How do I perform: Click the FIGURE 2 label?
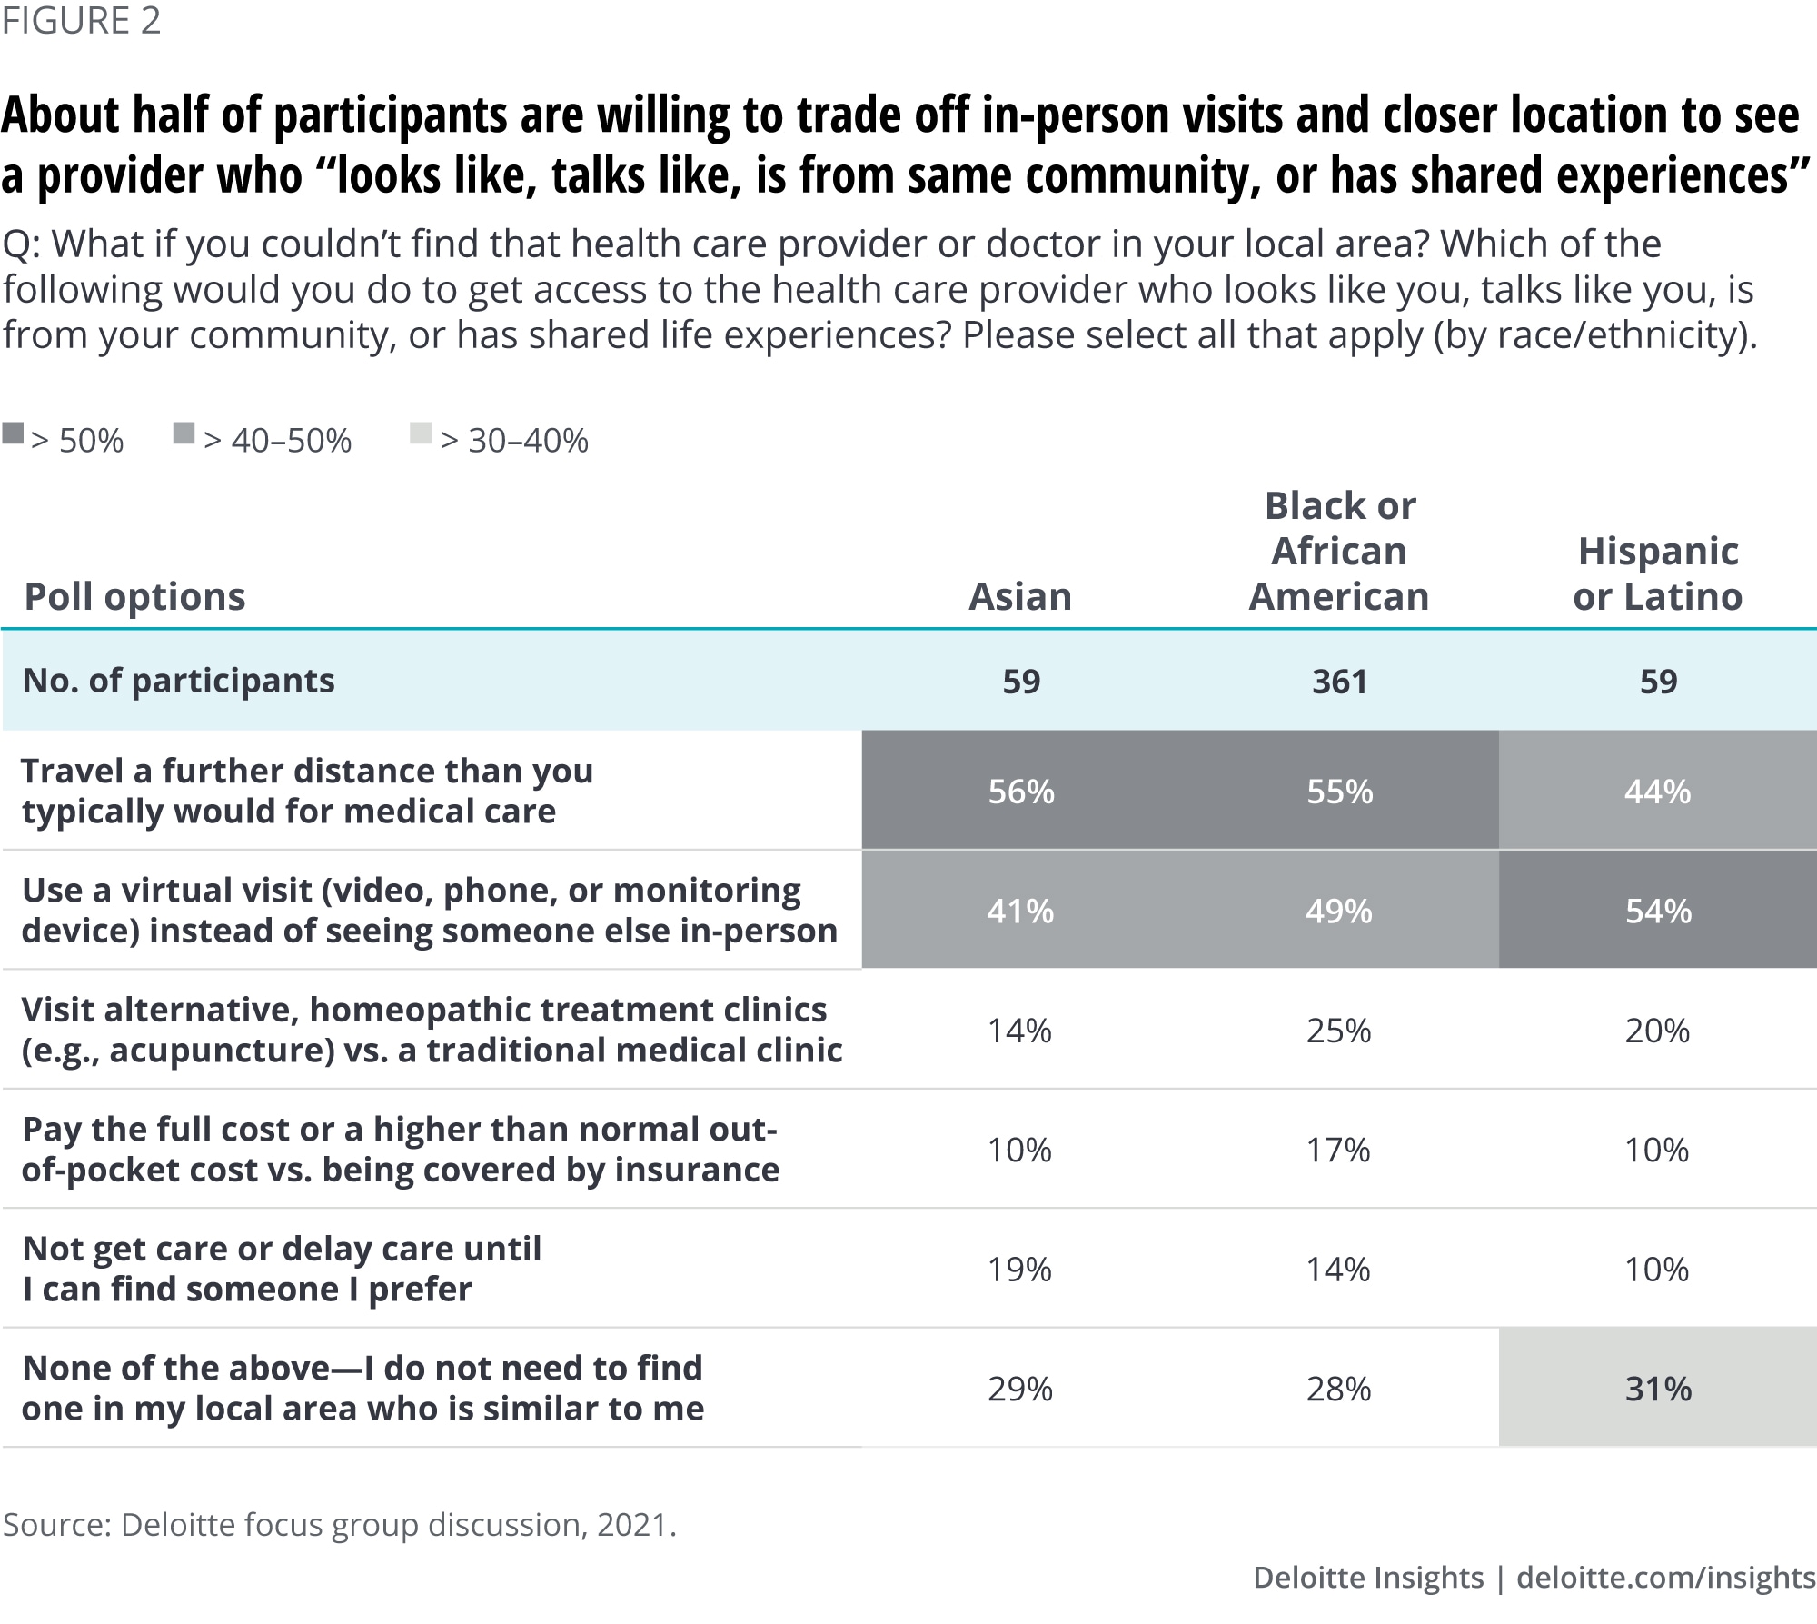point(81,21)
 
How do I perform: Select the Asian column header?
point(1019,597)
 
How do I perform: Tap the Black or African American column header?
point(1339,552)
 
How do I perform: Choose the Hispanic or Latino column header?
point(1657,574)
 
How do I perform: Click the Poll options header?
point(134,597)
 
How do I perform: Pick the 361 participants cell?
point(1339,682)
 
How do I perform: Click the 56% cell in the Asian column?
point(1021,792)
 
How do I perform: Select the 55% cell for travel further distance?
point(1339,792)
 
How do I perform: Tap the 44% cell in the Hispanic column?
point(1657,792)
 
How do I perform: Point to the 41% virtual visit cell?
point(1020,911)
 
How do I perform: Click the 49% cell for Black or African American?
point(1338,911)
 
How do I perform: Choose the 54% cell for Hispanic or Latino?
point(1658,911)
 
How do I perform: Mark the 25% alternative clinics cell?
point(1338,1031)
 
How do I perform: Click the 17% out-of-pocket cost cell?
point(1338,1150)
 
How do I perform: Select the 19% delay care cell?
point(1019,1270)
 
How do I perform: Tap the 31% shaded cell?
point(1658,1389)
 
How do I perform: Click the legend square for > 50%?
point(13,433)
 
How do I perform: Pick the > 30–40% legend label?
point(514,441)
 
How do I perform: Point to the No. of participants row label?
point(179,681)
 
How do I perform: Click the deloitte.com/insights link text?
point(1665,1578)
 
